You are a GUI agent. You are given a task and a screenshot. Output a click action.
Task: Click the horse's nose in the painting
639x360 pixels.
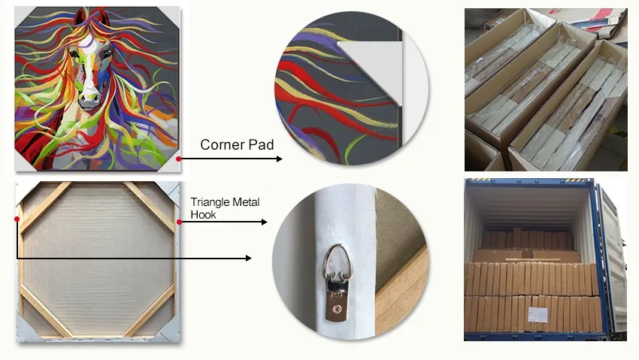(x=89, y=98)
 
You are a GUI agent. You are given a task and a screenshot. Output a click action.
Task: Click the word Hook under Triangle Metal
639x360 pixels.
(x=203, y=214)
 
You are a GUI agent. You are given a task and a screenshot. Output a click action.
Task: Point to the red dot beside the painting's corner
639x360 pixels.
(x=178, y=159)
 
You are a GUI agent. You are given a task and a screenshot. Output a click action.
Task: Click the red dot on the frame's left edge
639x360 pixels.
(x=17, y=219)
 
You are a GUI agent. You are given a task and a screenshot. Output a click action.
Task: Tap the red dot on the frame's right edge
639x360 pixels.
(x=178, y=222)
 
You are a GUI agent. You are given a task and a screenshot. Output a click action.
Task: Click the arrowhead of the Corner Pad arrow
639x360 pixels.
(x=279, y=159)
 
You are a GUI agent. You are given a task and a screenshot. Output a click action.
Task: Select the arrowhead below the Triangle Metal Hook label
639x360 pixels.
(x=264, y=222)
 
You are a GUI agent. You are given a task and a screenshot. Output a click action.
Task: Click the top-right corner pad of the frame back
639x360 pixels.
(x=170, y=192)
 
